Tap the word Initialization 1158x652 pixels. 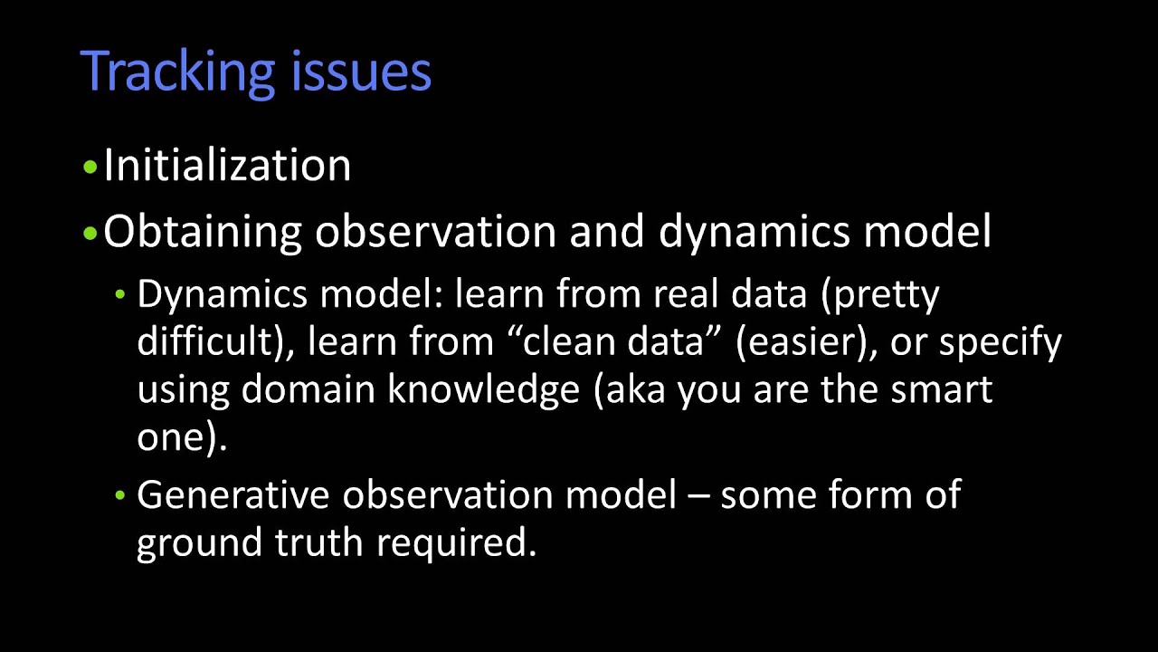pyautogui.click(x=227, y=166)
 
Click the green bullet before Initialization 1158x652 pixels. pyautogui.click(x=89, y=168)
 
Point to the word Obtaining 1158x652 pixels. pyautogui.click(x=203, y=232)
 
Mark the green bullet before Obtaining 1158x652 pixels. pyautogui.click(x=89, y=234)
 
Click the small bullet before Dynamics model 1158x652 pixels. pyautogui.click(x=121, y=296)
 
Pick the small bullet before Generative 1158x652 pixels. pyautogui.click(x=121, y=496)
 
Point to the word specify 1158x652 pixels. pyautogui.click(x=1005, y=342)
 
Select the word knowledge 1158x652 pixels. pyautogui.click(x=484, y=389)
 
